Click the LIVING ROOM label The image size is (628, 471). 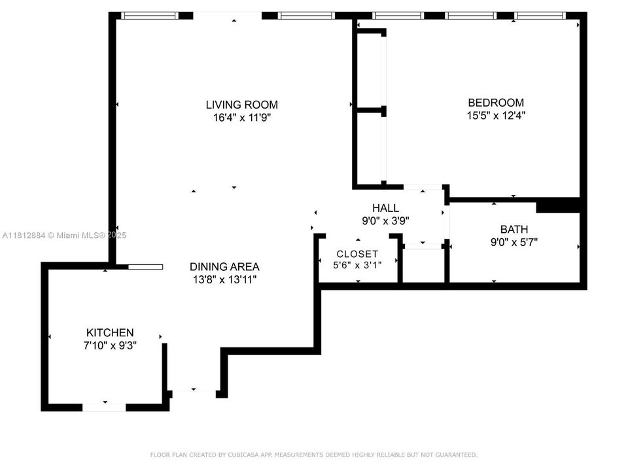tap(241, 105)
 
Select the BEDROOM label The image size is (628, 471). tap(496, 103)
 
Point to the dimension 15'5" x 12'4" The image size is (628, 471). tap(496, 116)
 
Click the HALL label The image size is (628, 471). tap(385, 208)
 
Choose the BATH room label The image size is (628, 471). tap(514, 230)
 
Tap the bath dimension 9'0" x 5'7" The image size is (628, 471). tap(514, 242)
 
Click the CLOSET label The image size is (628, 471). tap(357, 254)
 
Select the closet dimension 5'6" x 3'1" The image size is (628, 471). tap(357, 266)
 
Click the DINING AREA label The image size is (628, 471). tap(224, 267)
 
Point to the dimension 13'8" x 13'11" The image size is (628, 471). tap(224, 280)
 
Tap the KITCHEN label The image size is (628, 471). tap(110, 333)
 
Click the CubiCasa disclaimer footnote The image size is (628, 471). tap(314, 455)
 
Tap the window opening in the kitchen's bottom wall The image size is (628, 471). tap(104, 407)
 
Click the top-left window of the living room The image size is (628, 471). tap(150, 16)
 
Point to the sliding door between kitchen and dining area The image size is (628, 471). tap(145, 267)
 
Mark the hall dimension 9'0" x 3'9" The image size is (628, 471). tap(385, 221)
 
